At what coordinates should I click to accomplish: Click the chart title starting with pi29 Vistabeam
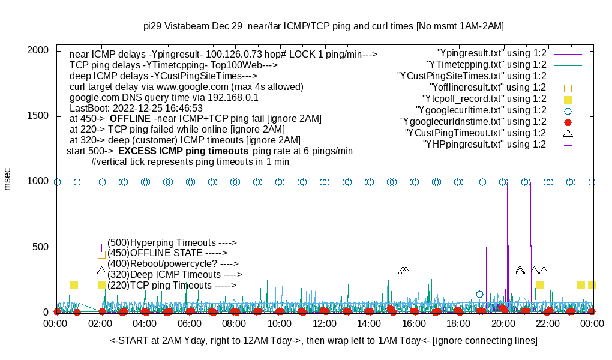click(323, 26)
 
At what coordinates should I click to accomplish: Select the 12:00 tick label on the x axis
click(325, 324)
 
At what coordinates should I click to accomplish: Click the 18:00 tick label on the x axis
click(459, 324)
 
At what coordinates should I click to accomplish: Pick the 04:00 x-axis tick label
click(146, 324)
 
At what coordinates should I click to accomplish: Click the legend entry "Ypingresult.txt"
click(493, 53)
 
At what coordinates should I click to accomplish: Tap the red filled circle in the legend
click(568, 122)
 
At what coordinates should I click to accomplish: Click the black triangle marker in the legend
click(568, 133)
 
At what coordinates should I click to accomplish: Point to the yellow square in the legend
click(568, 99)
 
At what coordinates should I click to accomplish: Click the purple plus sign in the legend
click(568, 145)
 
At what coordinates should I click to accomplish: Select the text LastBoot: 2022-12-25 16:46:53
click(136, 108)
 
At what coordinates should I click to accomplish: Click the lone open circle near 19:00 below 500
click(479, 294)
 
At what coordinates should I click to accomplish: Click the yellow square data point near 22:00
click(540, 284)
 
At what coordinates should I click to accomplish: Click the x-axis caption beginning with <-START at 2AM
click(323, 341)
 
